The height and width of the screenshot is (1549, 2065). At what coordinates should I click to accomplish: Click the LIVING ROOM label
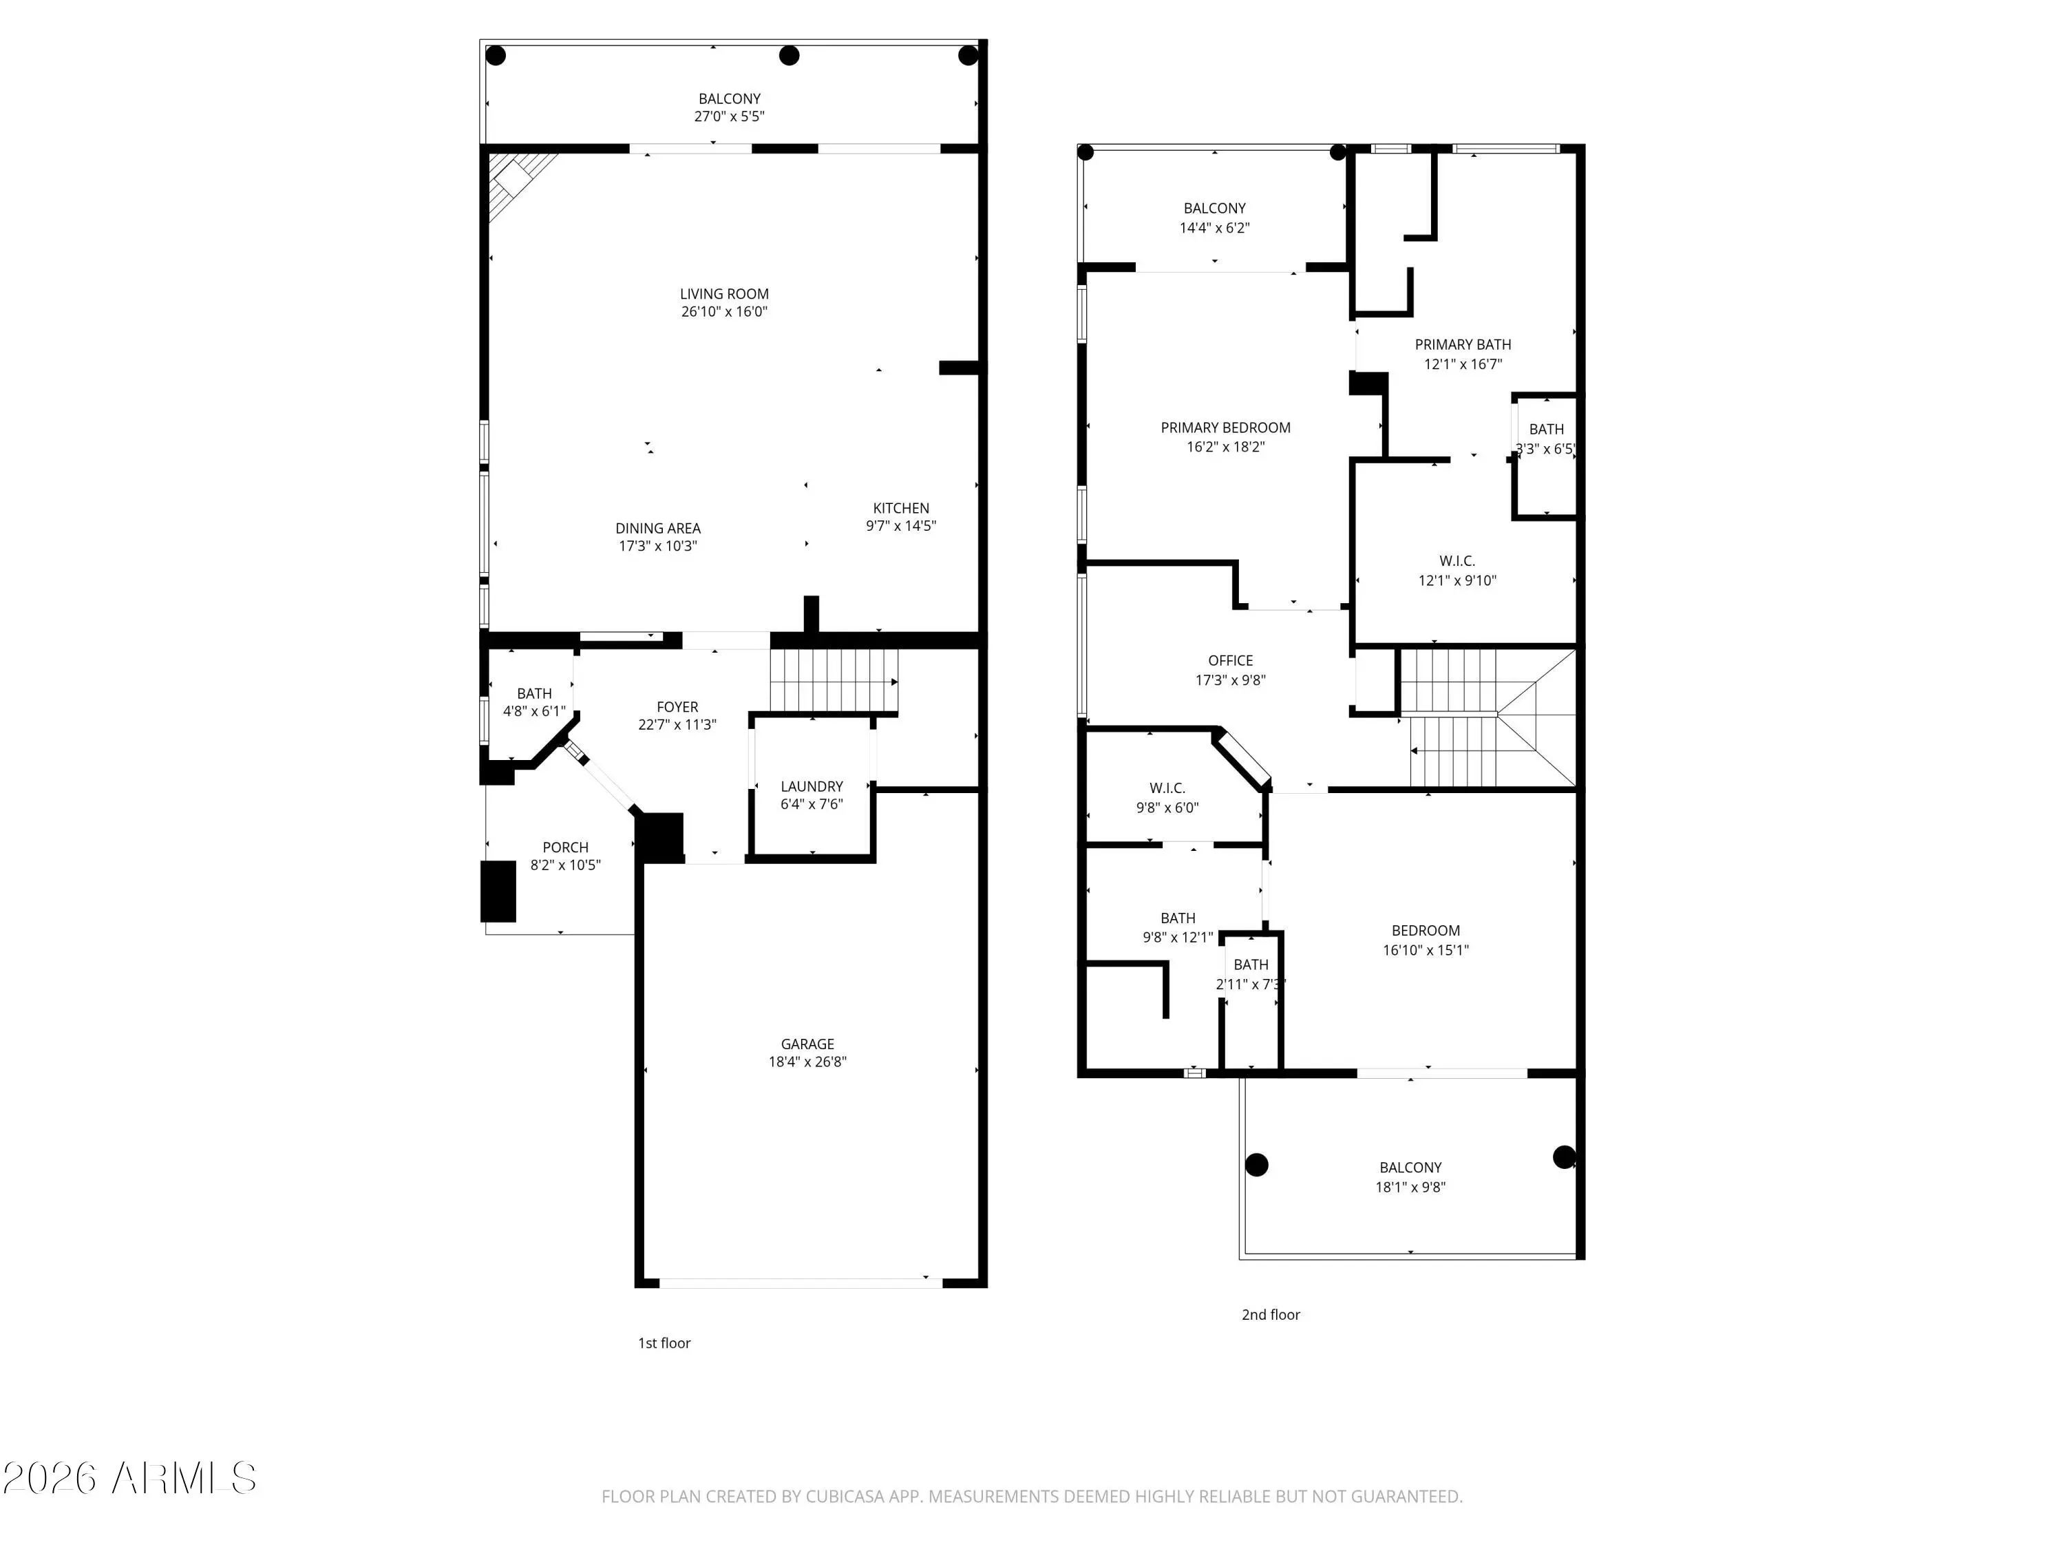pyautogui.click(x=724, y=294)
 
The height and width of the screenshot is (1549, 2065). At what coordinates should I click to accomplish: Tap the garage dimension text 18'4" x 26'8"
pyautogui.click(x=807, y=1062)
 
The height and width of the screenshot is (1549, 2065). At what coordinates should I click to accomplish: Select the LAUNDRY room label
pyautogui.click(x=812, y=786)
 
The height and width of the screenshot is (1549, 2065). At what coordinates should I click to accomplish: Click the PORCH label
pyautogui.click(x=566, y=847)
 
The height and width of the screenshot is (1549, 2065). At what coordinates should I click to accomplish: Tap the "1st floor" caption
pyautogui.click(x=664, y=1342)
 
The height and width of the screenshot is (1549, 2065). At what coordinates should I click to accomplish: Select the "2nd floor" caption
pyautogui.click(x=1271, y=1315)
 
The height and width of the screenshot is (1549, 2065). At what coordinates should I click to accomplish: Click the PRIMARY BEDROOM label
pyautogui.click(x=1226, y=428)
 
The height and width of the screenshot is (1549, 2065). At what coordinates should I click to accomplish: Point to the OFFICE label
pyautogui.click(x=1231, y=660)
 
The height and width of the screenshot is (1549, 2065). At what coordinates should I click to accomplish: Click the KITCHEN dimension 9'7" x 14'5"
pyautogui.click(x=901, y=526)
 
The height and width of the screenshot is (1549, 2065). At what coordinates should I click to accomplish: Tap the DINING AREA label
pyautogui.click(x=658, y=529)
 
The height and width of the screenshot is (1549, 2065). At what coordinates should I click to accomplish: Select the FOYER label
pyautogui.click(x=677, y=707)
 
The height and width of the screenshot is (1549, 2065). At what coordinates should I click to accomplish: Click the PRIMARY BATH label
pyautogui.click(x=1463, y=344)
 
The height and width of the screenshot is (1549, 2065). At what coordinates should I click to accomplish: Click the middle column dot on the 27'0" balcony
pyautogui.click(x=789, y=55)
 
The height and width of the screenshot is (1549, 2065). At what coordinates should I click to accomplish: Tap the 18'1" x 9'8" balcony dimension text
pyautogui.click(x=1410, y=1188)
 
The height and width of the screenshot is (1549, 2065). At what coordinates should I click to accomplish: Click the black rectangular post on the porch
pyautogui.click(x=498, y=892)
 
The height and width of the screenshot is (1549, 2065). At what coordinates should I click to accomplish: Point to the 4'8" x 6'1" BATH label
pyautogui.click(x=534, y=694)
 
